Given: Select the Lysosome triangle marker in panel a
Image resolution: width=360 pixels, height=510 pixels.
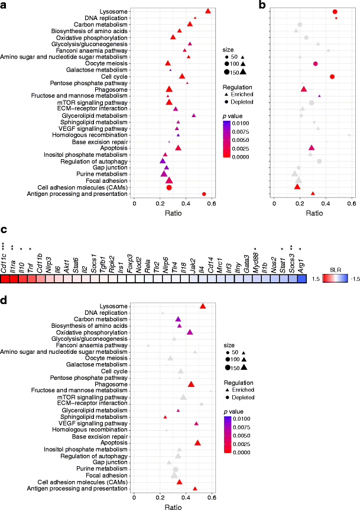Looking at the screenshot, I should tap(208, 11).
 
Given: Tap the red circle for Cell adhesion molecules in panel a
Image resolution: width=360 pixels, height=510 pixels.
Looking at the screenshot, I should tap(169, 188).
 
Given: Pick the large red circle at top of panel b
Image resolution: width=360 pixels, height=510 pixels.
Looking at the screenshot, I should tap(335, 12).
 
